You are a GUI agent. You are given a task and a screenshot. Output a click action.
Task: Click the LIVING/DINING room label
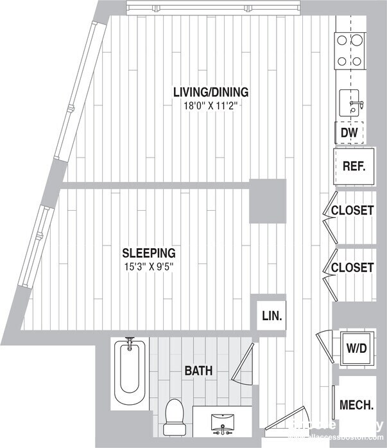[211, 92]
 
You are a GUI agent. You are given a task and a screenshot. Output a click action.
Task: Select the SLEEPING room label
[149, 253]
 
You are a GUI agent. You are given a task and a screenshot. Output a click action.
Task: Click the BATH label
[198, 371]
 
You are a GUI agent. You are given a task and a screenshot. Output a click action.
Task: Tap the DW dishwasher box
[348, 133]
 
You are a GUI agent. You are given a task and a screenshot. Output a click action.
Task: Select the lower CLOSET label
[352, 267]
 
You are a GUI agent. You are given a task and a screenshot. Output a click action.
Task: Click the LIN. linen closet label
[272, 316]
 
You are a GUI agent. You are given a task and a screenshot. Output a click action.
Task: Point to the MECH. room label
[356, 405]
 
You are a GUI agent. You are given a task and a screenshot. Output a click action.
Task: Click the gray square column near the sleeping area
[267, 201]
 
